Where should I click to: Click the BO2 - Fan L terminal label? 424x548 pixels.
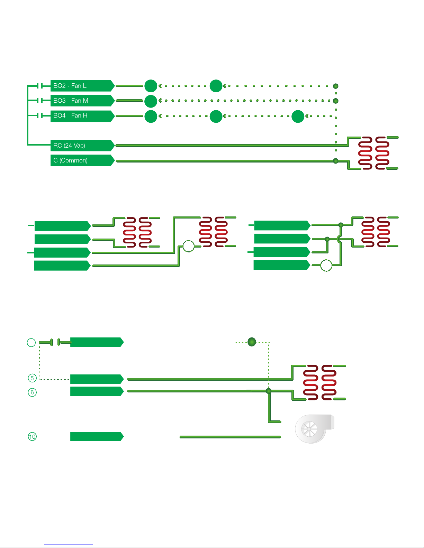[70, 86]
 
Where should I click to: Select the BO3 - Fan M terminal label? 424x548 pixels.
[71, 101]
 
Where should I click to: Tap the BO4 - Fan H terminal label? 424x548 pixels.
[70, 115]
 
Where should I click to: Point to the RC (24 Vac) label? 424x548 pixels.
[69, 146]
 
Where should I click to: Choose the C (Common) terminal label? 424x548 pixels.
[70, 160]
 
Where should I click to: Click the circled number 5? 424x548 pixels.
[32, 378]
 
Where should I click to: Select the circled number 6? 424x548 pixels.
[32, 392]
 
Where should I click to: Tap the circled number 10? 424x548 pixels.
[32, 437]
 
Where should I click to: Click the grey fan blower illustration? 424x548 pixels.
[315, 429]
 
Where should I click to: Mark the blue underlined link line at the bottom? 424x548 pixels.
[69, 545]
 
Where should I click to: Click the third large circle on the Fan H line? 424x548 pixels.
[298, 116]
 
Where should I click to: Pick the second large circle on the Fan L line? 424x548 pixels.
[216, 86]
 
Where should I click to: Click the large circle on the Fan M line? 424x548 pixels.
[151, 101]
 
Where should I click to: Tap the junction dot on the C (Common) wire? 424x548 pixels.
[336, 161]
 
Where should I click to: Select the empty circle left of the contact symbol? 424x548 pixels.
[31, 343]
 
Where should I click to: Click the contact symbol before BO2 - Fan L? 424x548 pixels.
[39, 86]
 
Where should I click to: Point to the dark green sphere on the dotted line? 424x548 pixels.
[252, 342]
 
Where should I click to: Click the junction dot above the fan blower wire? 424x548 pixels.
[269, 391]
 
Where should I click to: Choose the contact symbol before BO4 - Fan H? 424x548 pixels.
[39, 115]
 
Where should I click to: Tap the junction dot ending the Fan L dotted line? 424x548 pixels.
[336, 86]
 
